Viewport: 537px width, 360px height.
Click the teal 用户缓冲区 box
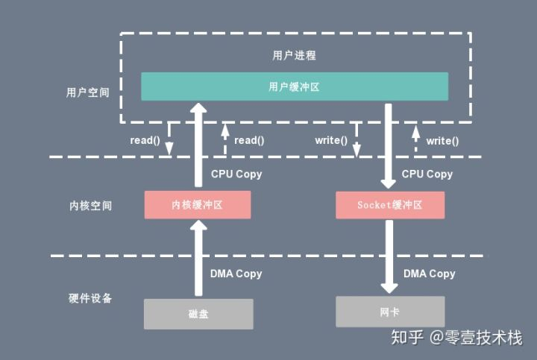tap(295, 86)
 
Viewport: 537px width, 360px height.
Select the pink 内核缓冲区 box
tap(198, 205)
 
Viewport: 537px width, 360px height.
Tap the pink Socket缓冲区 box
tap(390, 205)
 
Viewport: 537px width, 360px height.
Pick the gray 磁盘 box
tap(198, 314)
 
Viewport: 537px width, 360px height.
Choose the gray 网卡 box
tap(390, 312)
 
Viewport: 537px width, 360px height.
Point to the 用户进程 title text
tap(294, 55)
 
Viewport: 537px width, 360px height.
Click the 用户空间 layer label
tap(88, 92)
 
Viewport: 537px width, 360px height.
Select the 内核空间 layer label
tap(90, 205)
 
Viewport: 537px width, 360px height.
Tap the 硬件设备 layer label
tap(90, 298)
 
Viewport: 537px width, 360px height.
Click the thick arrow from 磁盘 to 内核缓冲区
tap(198, 258)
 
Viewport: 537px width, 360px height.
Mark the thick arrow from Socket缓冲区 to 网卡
tap(389, 256)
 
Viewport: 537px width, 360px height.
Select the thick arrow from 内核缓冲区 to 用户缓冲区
tap(198, 145)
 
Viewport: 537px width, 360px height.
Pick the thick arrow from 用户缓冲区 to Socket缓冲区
tap(389, 146)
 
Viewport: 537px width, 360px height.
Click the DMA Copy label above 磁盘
tap(236, 274)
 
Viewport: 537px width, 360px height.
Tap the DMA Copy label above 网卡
tap(429, 274)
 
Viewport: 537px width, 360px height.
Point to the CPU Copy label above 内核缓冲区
tap(236, 174)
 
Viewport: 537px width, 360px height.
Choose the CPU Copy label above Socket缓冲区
tap(427, 174)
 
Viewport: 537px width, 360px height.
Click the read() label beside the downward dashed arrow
tap(145, 140)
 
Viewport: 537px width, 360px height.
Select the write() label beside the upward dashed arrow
tap(442, 141)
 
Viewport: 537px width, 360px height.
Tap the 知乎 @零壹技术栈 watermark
tap(457, 338)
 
